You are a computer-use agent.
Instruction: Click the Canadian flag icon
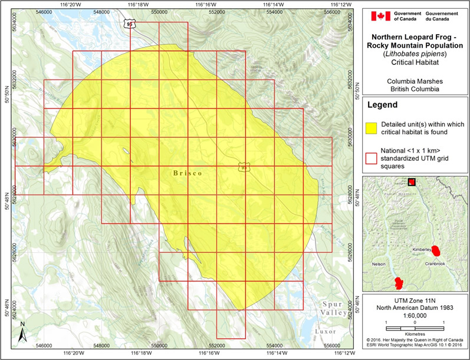click(380, 16)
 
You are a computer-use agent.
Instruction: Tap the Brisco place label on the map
click(188, 173)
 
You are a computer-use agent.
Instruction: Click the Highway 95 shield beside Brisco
click(244, 167)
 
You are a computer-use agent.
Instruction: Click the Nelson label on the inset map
click(379, 264)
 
